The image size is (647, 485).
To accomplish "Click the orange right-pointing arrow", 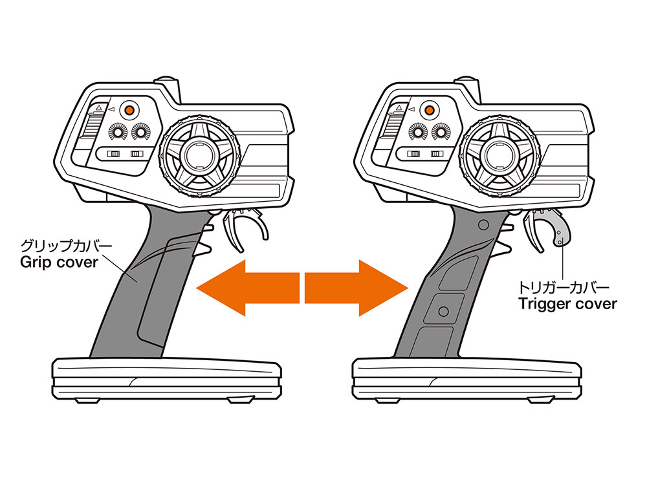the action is click(356, 288).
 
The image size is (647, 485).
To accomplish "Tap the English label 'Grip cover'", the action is click(59, 263).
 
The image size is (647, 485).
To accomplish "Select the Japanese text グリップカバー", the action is click(66, 246).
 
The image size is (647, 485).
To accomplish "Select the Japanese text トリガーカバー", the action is click(564, 287).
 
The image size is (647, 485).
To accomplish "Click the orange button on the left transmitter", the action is click(129, 110).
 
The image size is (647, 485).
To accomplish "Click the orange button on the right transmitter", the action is click(429, 110).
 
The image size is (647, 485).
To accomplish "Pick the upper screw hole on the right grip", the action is click(483, 225).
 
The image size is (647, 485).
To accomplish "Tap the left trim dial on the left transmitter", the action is click(116, 132).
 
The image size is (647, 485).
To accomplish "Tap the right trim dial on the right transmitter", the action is click(441, 132).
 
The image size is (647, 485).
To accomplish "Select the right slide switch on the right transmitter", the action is click(437, 154).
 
